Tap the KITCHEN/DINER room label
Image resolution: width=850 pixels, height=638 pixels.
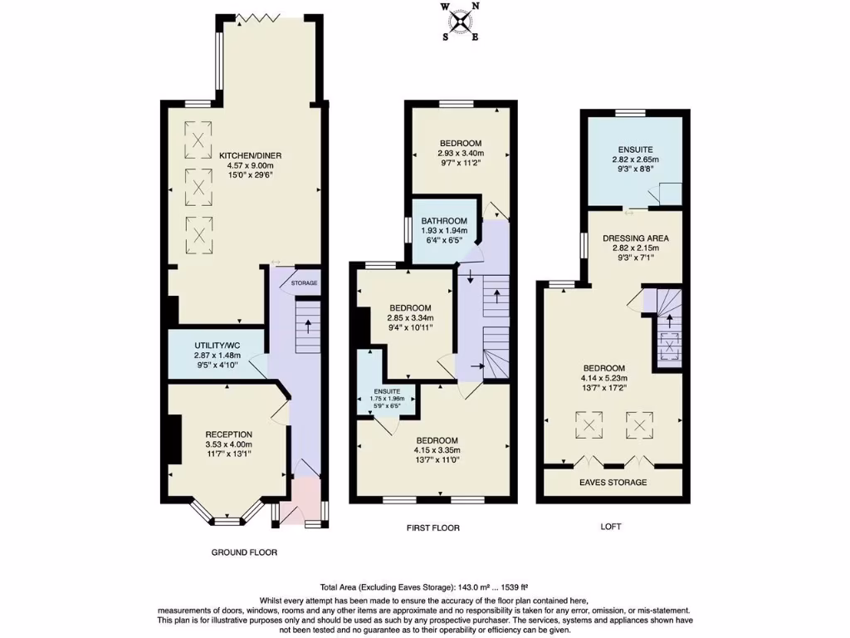(245, 155)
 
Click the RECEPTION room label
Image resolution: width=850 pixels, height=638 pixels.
(228, 434)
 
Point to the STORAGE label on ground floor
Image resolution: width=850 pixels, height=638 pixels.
(304, 284)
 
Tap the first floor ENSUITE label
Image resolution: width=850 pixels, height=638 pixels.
(386, 390)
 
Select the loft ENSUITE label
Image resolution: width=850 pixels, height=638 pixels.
(635, 150)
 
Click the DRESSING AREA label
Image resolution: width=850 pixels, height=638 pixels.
(635, 238)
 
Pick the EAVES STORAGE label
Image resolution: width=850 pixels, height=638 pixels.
(613, 482)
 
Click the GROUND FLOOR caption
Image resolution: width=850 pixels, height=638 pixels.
(244, 552)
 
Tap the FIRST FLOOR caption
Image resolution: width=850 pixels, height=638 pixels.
(432, 528)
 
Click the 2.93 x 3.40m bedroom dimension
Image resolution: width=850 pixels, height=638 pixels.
(460, 153)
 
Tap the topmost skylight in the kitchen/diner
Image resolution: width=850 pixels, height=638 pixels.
(198, 140)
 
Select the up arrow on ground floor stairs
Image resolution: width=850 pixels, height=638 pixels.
(307, 325)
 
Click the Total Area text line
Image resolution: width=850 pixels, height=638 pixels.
(424, 586)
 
